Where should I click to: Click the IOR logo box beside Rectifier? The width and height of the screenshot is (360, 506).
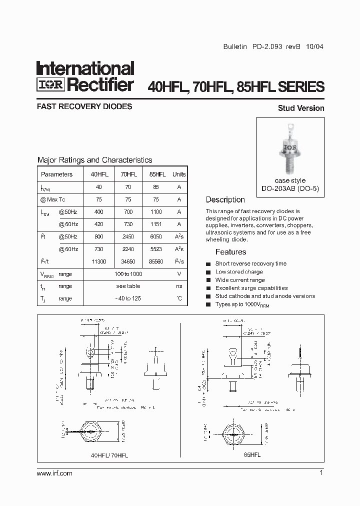[49, 84]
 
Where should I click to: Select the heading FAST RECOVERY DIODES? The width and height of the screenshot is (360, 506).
[84, 106]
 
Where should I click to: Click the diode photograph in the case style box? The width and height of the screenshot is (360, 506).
[290, 146]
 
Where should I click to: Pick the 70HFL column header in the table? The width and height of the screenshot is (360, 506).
[128, 174]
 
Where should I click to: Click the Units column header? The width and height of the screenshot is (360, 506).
[178, 174]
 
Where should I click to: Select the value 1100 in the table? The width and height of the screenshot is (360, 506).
[155, 212]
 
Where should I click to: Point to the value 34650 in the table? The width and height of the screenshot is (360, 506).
[128, 261]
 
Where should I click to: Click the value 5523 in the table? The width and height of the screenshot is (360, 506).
[155, 249]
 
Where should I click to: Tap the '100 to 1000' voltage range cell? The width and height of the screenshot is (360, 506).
[128, 274]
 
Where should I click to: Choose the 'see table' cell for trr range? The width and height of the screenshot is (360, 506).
[128, 286]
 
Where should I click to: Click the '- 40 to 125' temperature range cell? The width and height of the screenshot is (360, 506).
[128, 298]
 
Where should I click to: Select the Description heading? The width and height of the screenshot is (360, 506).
[225, 199]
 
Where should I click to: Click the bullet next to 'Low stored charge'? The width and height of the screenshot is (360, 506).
[208, 272]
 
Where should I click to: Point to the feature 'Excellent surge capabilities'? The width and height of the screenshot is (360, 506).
[251, 288]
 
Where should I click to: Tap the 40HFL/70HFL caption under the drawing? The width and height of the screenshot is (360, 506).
[109, 455]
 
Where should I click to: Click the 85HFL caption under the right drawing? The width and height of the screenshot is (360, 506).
[252, 455]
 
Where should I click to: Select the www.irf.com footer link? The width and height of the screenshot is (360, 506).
[55, 473]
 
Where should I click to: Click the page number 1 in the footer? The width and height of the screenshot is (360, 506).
[321, 473]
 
